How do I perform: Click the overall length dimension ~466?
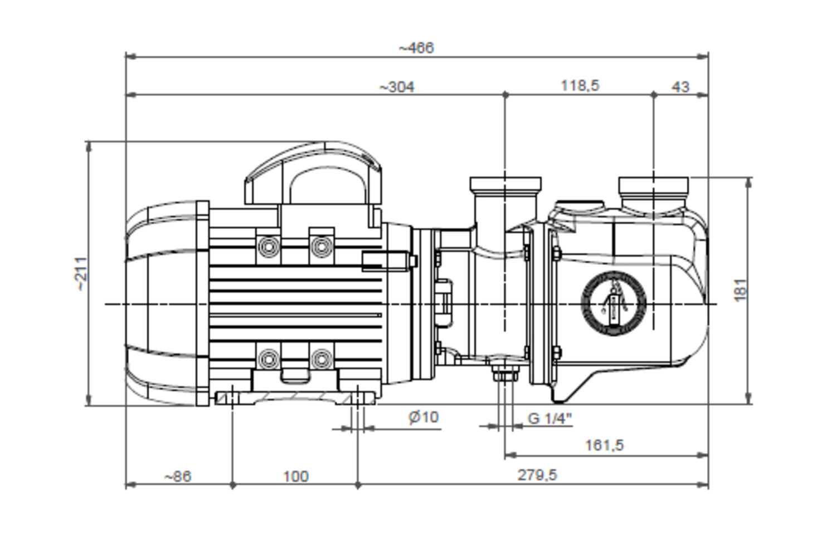click(x=416, y=48)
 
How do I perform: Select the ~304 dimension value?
click(x=397, y=87)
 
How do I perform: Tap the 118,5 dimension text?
click(x=580, y=86)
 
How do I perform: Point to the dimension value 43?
click(x=681, y=87)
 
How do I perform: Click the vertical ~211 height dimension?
click(x=81, y=274)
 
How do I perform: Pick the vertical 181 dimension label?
click(x=741, y=290)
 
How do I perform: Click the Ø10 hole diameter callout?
click(x=424, y=417)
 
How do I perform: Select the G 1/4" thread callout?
click(x=550, y=418)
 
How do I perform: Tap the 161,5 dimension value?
click(x=604, y=445)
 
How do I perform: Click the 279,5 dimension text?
click(x=537, y=475)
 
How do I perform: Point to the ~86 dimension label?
click(x=178, y=477)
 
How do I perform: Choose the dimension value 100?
click(x=296, y=477)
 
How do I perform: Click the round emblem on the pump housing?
click(x=613, y=303)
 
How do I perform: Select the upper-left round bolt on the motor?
click(x=268, y=246)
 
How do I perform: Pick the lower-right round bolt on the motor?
click(x=322, y=359)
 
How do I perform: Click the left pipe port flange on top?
click(x=506, y=184)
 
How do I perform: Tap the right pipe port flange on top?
click(x=654, y=184)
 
